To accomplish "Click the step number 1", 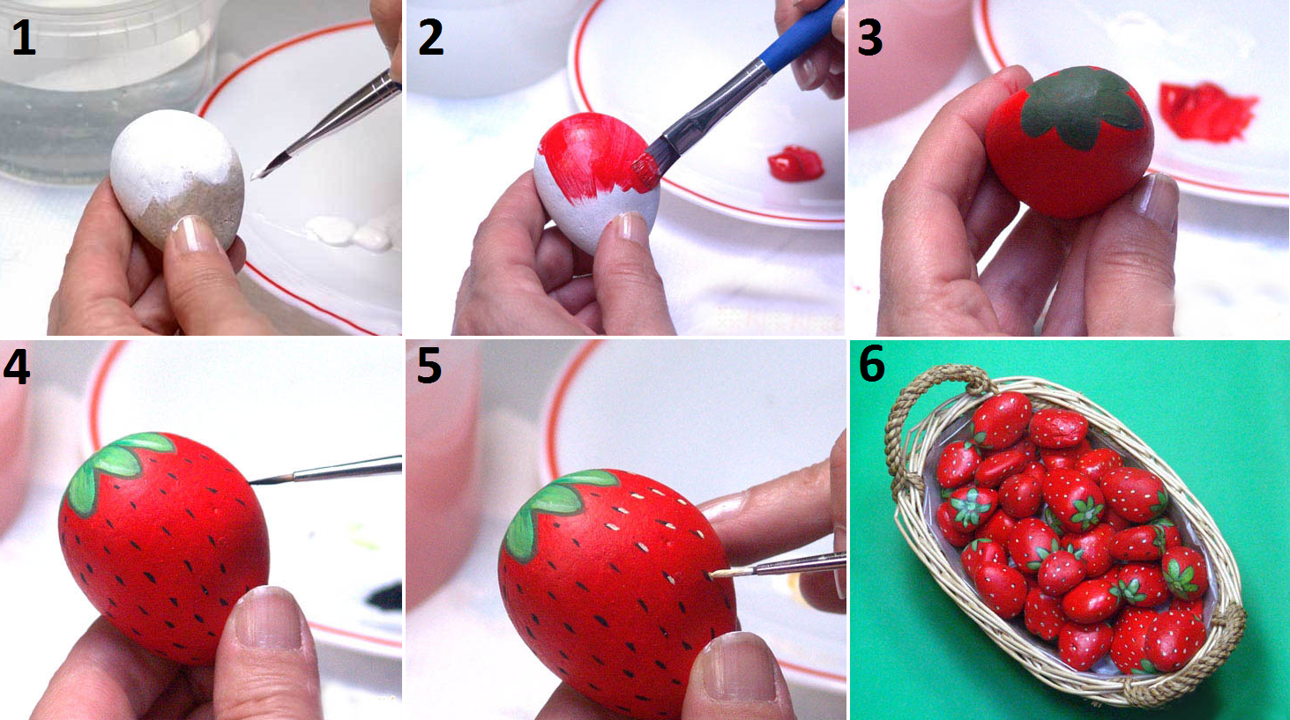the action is coord(24,37).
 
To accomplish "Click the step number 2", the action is coord(431,37).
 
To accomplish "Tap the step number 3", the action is coord(869,37).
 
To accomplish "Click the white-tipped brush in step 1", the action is coord(326,124).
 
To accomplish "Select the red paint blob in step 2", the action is coord(796,163).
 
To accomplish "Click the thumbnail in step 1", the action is coord(195,233).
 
